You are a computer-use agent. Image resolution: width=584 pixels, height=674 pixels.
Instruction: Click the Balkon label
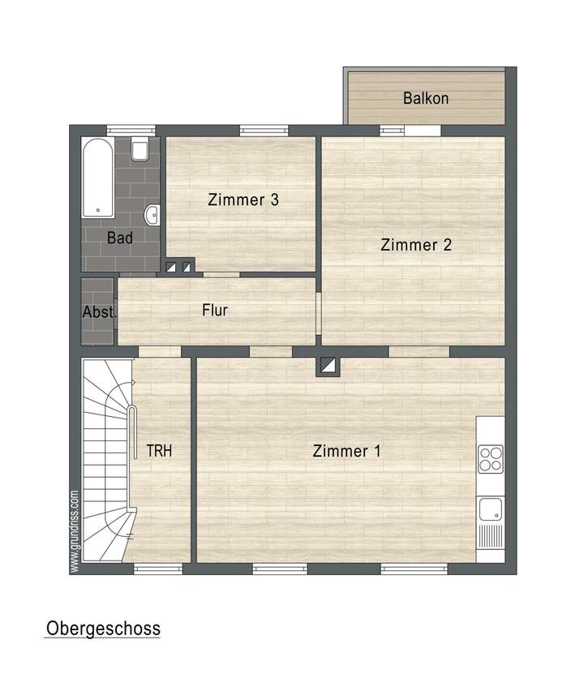point(426,99)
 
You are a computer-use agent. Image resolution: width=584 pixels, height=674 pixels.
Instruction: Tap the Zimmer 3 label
point(243,200)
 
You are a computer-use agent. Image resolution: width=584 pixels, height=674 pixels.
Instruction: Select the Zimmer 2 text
point(416,244)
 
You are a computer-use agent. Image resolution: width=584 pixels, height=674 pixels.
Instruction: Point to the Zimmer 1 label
point(346,451)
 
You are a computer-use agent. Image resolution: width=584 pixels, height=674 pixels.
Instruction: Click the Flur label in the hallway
point(215,310)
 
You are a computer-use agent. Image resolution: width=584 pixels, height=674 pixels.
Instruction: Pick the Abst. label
point(99,312)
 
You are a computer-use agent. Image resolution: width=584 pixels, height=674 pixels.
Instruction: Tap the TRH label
point(159,451)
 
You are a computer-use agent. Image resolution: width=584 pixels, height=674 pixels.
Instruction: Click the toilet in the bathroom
point(140,150)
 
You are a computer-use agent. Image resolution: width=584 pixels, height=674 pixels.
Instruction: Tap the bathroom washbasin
point(152,215)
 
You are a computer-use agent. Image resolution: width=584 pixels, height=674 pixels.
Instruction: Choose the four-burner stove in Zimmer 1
point(490,459)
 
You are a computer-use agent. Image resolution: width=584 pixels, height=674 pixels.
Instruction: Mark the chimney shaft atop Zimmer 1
point(329,367)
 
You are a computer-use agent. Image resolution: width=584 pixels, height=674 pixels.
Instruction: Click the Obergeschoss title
point(103,629)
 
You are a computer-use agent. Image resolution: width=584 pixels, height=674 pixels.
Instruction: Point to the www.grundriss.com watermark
point(75,530)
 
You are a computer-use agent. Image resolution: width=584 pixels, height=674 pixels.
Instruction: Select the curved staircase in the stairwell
point(104,462)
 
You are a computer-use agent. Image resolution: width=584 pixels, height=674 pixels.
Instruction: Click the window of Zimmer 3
point(264,129)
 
